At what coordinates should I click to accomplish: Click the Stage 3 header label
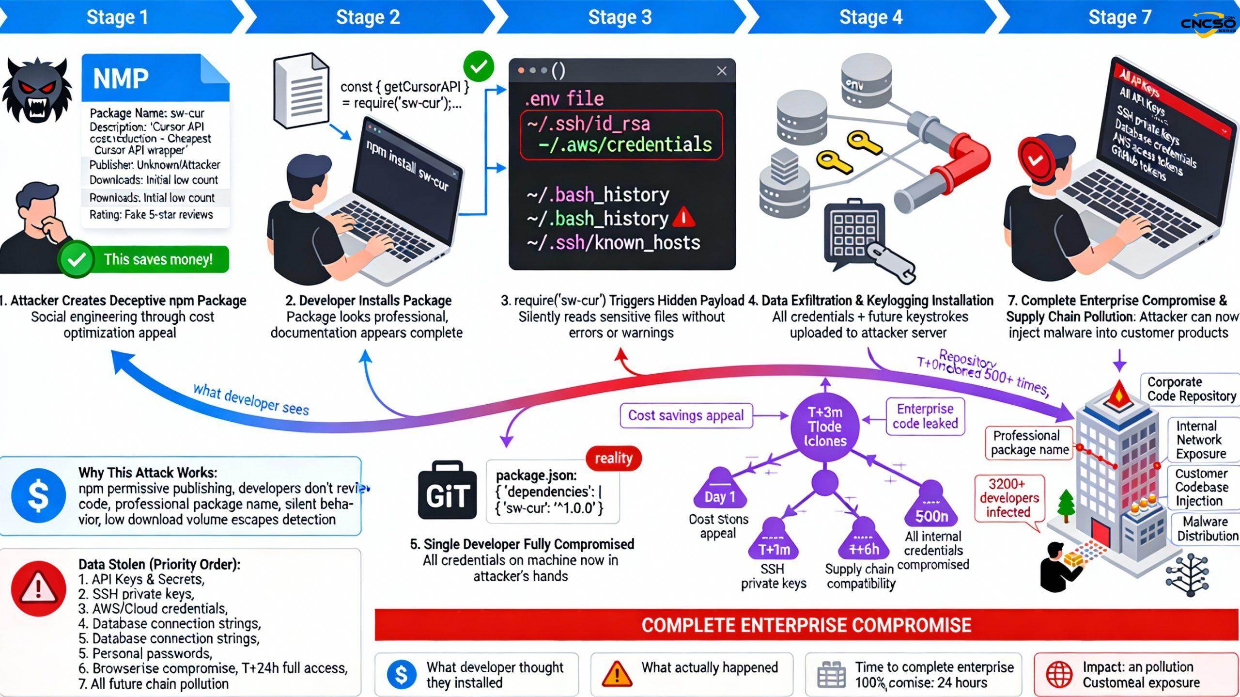[x=620, y=17]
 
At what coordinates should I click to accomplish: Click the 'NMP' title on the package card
[x=121, y=79]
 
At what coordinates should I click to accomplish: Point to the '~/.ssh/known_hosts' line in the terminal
[x=613, y=242]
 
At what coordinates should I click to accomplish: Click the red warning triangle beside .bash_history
[x=683, y=218]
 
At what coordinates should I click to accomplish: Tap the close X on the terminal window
[x=721, y=71]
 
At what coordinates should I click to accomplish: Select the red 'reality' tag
[x=613, y=458]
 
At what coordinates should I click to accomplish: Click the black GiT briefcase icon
[x=447, y=491]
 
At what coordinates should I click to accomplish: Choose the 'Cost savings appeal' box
[x=685, y=415]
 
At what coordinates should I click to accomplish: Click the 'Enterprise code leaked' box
[x=925, y=416]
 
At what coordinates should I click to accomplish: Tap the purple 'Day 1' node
[x=720, y=490]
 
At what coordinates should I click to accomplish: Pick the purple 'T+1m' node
[x=774, y=542]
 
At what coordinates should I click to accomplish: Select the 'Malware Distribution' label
[x=1207, y=528]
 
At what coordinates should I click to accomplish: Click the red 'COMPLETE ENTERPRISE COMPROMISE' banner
[x=806, y=625]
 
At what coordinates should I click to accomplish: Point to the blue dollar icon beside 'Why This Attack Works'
[x=38, y=495]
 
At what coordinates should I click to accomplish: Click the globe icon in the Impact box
[x=1059, y=674]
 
